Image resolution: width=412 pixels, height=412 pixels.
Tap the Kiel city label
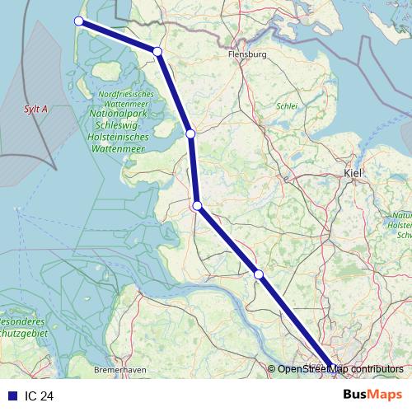point(353,173)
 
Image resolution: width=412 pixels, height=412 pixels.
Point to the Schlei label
point(287,105)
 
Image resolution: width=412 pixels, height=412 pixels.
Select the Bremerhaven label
point(120,369)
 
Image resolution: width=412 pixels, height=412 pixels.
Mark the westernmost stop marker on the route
point(80,21)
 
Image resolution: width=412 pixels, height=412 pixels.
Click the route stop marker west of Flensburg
point(157,52)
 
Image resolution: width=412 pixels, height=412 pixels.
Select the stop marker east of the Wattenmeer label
point(190,133)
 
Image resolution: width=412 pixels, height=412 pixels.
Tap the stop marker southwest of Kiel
point(258,274)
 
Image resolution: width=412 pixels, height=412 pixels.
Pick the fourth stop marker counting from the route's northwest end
point(197,206)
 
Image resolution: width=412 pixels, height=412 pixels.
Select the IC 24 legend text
point(39,396)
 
